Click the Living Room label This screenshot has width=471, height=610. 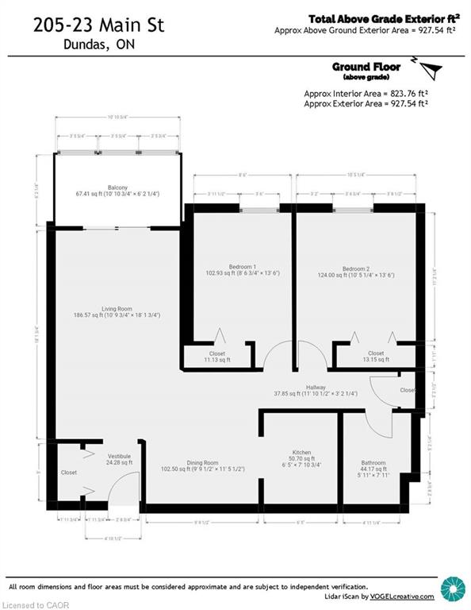[x=116, y=309]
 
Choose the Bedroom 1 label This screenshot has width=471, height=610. [x=243, y=266]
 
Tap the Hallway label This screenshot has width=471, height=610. [x=316, y=388]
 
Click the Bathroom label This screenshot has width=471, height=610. [x=373, y=462]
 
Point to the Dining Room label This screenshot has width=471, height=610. [x=201, y=462]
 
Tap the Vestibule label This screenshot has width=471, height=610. [x=119, y=456]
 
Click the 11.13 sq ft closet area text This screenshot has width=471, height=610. [x=217, y=360]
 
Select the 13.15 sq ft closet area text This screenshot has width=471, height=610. [x=376, y=360]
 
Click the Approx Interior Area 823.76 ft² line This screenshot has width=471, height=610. [x=365, y=94]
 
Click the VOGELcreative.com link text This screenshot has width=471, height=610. [x=404, y=596]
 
